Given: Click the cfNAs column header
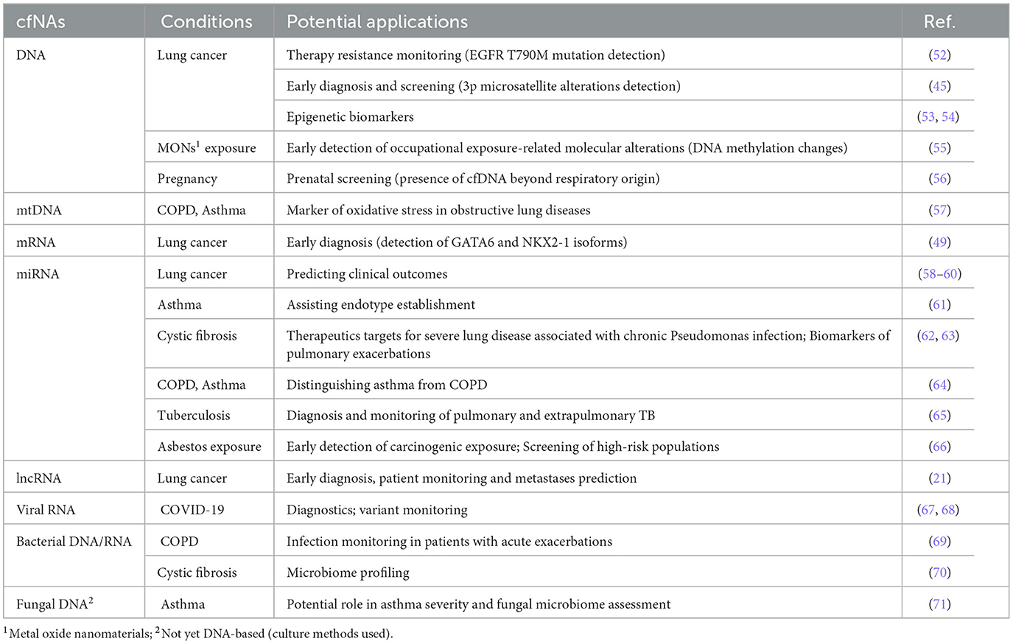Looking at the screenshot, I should click(41, 22).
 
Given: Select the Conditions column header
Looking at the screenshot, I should click(206, 22).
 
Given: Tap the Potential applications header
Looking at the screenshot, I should click(376, 22).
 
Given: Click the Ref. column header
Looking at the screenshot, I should click(939, 22).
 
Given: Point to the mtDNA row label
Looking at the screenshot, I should click(39, 211).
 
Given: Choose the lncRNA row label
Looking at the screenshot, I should click(38, 478).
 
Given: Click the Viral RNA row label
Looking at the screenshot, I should click(46, 510).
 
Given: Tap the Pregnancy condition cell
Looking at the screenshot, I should click(187, 179).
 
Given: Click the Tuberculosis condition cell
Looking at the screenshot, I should click(193, 416).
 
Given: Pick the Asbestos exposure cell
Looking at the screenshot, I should click(209, 447).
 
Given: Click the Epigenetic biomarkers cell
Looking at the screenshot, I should click(350, 117).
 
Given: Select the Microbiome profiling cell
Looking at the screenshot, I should click(348, 573).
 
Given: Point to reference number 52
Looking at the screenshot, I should click(939, 55).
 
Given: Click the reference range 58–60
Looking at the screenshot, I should click(939, 274).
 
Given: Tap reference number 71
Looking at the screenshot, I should click(939, 604).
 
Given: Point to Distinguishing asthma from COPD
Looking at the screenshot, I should click(387, 385).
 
